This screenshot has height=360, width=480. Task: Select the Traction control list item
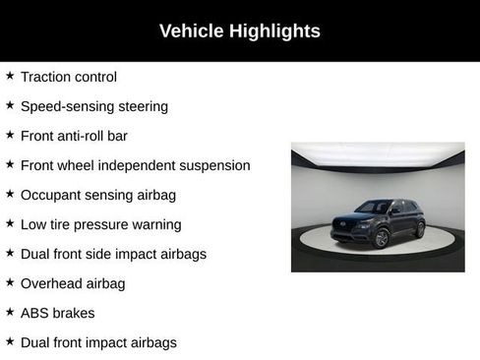pos(68,77)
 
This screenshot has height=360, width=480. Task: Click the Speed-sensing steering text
pos(93,106)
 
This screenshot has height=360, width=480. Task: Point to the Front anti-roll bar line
pos(74,136)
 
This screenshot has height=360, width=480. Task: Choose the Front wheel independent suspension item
pos(135,165)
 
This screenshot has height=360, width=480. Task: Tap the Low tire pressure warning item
pos(100,224)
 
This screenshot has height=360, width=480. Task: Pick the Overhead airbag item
pos(73,283)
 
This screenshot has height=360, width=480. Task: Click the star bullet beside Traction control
pos(10,76)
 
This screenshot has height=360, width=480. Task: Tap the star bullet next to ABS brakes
pos(10,312)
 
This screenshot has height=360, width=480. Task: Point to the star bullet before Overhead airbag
pos(10,282)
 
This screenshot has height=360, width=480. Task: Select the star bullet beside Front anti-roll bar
pos(10,135)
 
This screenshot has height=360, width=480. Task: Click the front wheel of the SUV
pos(382,238)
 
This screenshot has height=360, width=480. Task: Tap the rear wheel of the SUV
pos(420,230)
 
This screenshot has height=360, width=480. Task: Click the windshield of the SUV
pos(374,208)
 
